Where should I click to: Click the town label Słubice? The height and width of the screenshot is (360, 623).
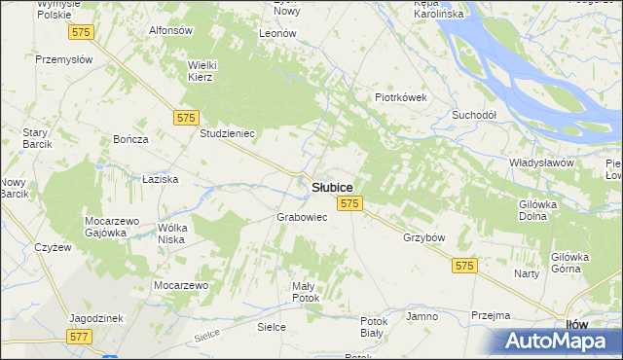pyautogui.click(x=332, y=187)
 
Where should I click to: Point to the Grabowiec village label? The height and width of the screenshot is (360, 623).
pyautogui.click(x=302, y=217)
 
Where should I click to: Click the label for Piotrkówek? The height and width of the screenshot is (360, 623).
pyautogui.click(x=402, y=97)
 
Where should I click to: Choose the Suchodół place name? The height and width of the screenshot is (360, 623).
pyautogui.click(x=474, y=115)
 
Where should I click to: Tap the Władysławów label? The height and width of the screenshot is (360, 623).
pyautogui.click(x=541, y=162)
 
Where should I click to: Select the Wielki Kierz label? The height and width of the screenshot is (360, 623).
pyautogui.click(x=206, y=71)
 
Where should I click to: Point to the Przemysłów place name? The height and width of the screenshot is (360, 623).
pyautogui.click(x=63, y=59)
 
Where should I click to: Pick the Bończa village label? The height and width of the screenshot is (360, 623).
pyautogui.click(x=130, y=139)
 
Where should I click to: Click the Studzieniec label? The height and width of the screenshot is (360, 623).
pyautogui.click(x=227, y=133)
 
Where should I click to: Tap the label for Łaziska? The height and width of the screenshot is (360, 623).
pyautogui.click(x=158, y=180)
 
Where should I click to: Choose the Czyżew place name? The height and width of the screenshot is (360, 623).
pyautogui.click(x=54, y=247)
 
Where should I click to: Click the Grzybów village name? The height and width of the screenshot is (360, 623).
pyautogui.click(x=423, y=237)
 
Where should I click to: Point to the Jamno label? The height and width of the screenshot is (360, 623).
pyautogui.click(x=422, y=317)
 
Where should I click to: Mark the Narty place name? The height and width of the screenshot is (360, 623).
pyautogui.click(x=527, y=274)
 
